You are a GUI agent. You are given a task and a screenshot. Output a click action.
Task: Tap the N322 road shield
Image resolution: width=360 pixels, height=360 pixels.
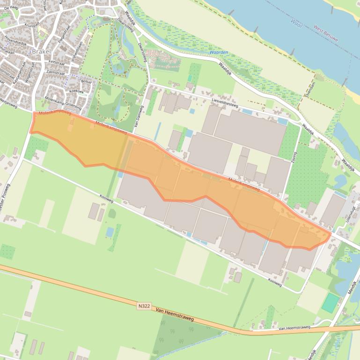click(x=145, y=306)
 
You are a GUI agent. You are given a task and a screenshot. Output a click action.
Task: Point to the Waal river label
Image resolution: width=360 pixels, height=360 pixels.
click(x=296, y=22)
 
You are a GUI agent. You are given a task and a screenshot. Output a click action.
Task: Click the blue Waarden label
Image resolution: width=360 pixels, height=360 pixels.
click(x=219, y=52)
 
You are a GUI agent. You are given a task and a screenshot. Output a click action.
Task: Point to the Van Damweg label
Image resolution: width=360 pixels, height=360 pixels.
click(x=138, y=116)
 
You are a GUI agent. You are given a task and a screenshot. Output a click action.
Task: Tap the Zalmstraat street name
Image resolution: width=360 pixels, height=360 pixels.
click(x=56, y=73)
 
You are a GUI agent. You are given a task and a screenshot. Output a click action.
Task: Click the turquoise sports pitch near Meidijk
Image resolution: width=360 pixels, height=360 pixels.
click(x=331, y=303)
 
